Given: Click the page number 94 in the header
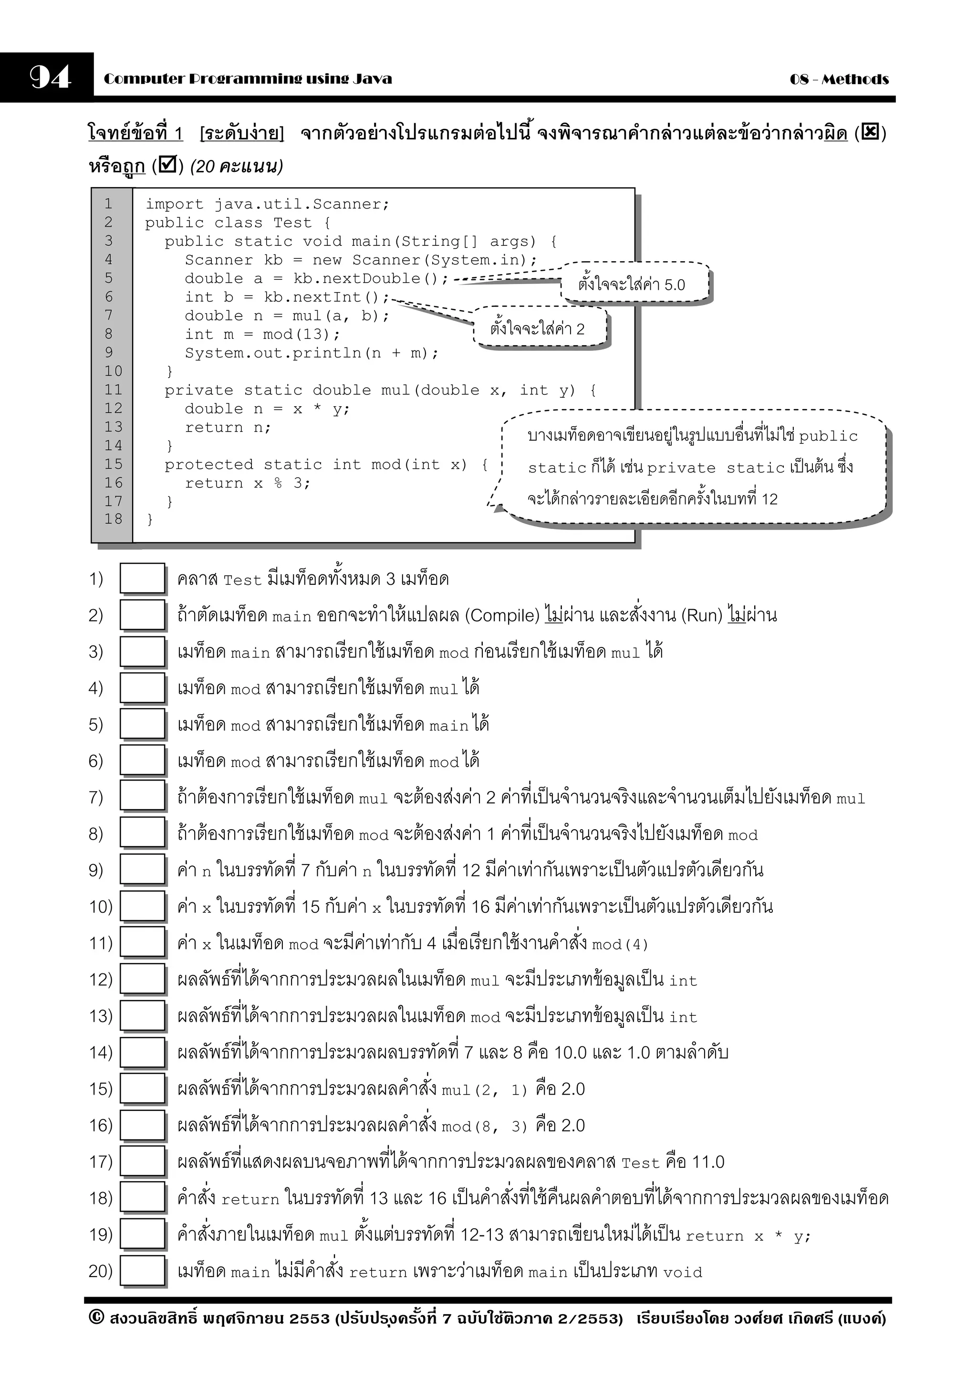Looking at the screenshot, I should click(50, 78).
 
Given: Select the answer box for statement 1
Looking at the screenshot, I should click(142, 578).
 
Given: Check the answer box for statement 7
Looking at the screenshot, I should click(142, 796).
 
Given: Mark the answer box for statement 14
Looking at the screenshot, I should click(142, 1052).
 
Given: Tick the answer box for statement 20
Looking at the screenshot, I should click(142, 1270).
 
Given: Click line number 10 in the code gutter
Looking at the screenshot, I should click(113, 371).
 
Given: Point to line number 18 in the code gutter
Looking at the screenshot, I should click(113, 518).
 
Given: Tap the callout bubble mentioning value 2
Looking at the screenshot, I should click(540, 327).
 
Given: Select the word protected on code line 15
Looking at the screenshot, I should click(209, 465).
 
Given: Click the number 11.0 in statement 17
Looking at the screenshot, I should click(708, 1161).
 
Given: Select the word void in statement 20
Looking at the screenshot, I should click(683, 1272).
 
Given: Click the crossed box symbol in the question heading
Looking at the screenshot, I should click(870, 131).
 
